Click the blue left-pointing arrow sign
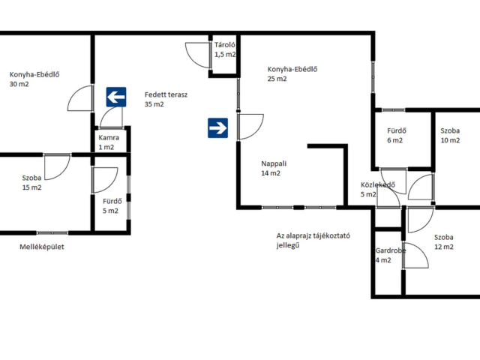[116, 97]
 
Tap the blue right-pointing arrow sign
[217, 128]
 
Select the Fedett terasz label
[166, 100]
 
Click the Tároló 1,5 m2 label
[225, 49]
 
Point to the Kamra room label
[109, 142]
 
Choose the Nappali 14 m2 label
[274, 168]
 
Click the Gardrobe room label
[390, 255]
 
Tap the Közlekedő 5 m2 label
[378, 190]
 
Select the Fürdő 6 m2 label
[397, 135]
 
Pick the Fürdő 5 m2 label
[112, 205]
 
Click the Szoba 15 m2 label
[31, 182]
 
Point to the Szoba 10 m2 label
[450, 135]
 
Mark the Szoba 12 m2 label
[444, 241]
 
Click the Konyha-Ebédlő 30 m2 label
[34, 79]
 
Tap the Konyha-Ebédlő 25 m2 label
[292, 73]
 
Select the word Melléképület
[42, 247]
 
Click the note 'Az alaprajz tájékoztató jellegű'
[313, 240]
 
